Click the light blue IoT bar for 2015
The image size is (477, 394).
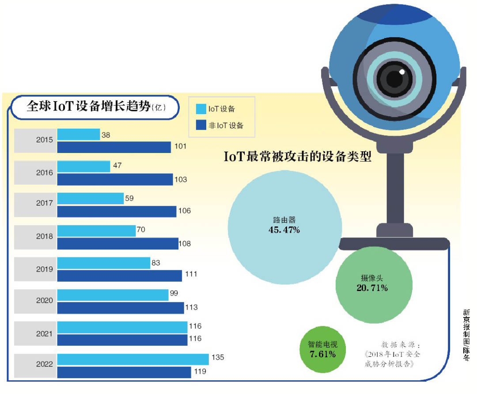[x=79, y=134]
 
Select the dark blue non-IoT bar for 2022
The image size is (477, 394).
[x=124, y=372]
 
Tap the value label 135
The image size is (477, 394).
[x=218, y=358]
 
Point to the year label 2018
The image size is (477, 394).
[x=44, y=236]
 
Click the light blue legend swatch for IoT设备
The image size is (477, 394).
[x=201, y=109]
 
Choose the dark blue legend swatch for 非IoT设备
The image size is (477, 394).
[x=201, y=125]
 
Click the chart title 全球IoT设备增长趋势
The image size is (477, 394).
[x=88, y=107]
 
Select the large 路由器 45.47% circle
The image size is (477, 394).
[x=285, y=226]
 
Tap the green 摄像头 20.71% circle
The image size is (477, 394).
[x=374, y=283]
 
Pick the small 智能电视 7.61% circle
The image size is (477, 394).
[x=322, y=349]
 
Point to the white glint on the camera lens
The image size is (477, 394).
[x=402, y=72]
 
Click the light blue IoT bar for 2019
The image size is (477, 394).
[x=104, y=263]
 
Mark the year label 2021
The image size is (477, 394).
[x=44, y=333]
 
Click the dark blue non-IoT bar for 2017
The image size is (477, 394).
[x=117, y=211]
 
